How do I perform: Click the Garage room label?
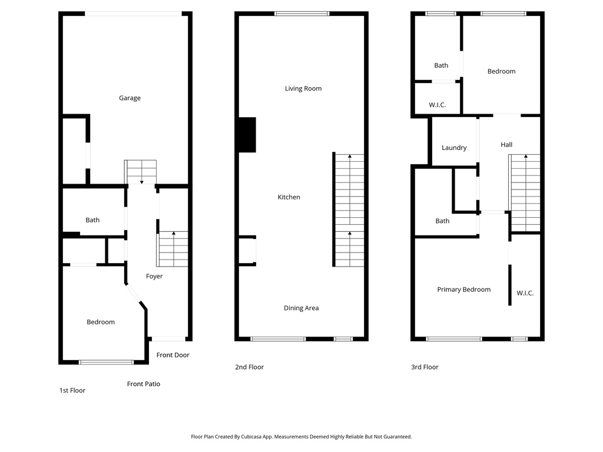pyautogui.click(x=130, y=98)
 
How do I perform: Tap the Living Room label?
pyautogui.click(x=303, y=89)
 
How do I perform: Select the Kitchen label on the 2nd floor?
pyautogui.click(x=289, y=197)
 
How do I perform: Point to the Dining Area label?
pyautogui.click(x=301, y=308)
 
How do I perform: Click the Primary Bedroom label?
pyautogui.click(x=463, y=290)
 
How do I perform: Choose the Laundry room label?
pyautogui.click(x=454, y=148)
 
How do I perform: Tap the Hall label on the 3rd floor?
pyautogui.click(x=506, y=145)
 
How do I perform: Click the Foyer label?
pyautogui.click(x=154, y=277)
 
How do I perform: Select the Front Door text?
pyautogui.click(x=173, y=355)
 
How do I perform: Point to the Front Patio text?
pyautogui.click(x=144, y=384)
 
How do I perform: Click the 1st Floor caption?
pyautogui.click(x=72, y=390)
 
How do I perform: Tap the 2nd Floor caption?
pyautogui.click(x=249, y=367)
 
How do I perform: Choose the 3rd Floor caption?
pyautogui.click(x=425, y=367)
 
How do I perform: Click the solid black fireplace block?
pyautogui.click(x=247, y=135)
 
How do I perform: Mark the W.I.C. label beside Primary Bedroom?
pyautogui.click(x=525, y=293)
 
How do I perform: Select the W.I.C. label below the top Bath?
pyautogui.click(x=437, y=105)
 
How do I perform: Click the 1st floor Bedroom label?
pyautogui.click(x=101, y=322)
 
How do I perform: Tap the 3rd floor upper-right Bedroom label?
pyautogui.click(x=501, y=71)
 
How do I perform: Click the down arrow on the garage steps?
pyautogui.click(x=141, y=181)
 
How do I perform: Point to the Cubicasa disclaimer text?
pyautogui.click(x=301, y=437)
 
